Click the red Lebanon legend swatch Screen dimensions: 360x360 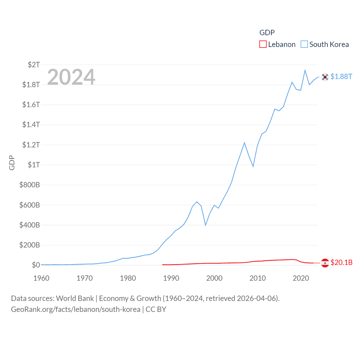(263, 44)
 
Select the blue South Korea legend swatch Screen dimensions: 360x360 (304, 44)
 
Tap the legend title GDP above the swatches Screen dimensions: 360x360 (267, 33)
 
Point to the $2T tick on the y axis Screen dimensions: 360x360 (34, 65)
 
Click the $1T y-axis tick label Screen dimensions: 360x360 (34, 165)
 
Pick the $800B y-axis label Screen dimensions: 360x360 (30, 185)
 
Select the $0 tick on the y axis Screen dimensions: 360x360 (36, 265)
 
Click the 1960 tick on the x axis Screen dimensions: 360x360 (41, 278)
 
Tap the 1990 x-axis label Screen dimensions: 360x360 (171, 278)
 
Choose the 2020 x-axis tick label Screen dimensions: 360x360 (301, 278)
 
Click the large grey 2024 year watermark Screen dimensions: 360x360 (71, 77)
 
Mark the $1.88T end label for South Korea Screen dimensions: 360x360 (341, 76)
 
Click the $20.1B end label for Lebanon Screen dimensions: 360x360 (341, 262)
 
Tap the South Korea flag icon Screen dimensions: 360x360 (325, 77)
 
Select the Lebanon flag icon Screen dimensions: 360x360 (325, 263)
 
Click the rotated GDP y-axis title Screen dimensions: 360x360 (12, 163)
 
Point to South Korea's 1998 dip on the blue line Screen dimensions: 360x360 (206, 225)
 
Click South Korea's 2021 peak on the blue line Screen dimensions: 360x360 (305, 70)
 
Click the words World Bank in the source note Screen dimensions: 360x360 (75, 298)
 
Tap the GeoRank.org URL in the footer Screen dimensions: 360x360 (76, 309)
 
